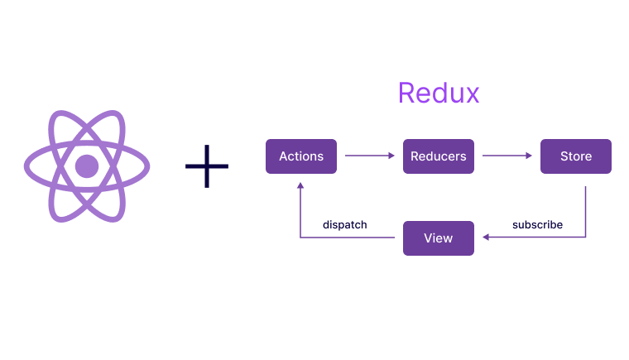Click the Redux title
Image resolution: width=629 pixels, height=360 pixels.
[438, 93]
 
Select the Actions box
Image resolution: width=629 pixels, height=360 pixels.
[300, 156]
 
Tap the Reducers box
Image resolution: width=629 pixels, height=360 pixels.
[439, 156]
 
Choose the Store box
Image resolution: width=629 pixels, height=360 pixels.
[575, 156]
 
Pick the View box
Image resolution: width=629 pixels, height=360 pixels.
[438, 238]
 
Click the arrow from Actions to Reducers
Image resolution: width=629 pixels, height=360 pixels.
[367, 156]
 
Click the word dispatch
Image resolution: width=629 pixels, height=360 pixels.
[344, 224]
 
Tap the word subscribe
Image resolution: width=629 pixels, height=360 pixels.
[537, 224]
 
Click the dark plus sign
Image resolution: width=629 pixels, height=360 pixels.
[206, 166]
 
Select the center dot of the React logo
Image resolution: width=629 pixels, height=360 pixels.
[87, 166]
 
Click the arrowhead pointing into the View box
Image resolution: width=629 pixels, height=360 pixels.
[486, 238]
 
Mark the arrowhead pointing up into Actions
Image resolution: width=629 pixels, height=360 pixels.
[300, 187]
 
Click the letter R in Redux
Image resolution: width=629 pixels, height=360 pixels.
[406, 93]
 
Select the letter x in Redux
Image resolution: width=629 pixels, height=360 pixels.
[471, 94]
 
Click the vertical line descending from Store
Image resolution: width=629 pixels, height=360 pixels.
[586, 211]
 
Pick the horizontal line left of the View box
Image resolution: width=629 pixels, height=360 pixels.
[348, 238]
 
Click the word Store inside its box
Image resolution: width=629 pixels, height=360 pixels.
[575, 156]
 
